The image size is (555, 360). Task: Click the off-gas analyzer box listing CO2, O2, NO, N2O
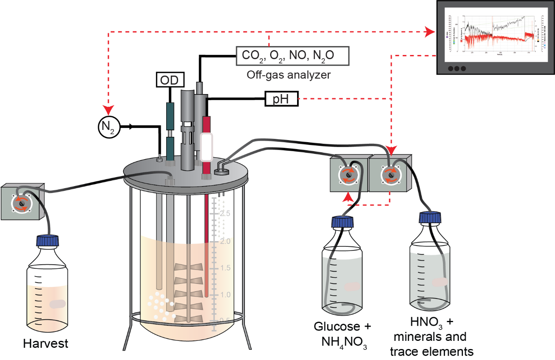click(x=293, y=56)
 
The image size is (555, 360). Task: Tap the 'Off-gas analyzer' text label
click(x=289, y=75)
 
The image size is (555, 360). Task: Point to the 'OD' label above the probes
click(x=169, y=80)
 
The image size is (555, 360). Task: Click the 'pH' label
click(x=281, y=100)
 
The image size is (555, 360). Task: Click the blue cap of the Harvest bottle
click(x=48, y=240)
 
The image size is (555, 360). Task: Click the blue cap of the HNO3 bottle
click(x=430, y=217)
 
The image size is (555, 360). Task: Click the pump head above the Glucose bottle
click(x=348, y=176)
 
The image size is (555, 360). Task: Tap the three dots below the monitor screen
click(x=456, y=68)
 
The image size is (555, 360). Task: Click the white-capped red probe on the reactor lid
click(x=207, y=147)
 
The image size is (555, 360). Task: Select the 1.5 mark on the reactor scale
click(x=225, y=268)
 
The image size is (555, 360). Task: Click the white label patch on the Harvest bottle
click(x=57, y=304)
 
